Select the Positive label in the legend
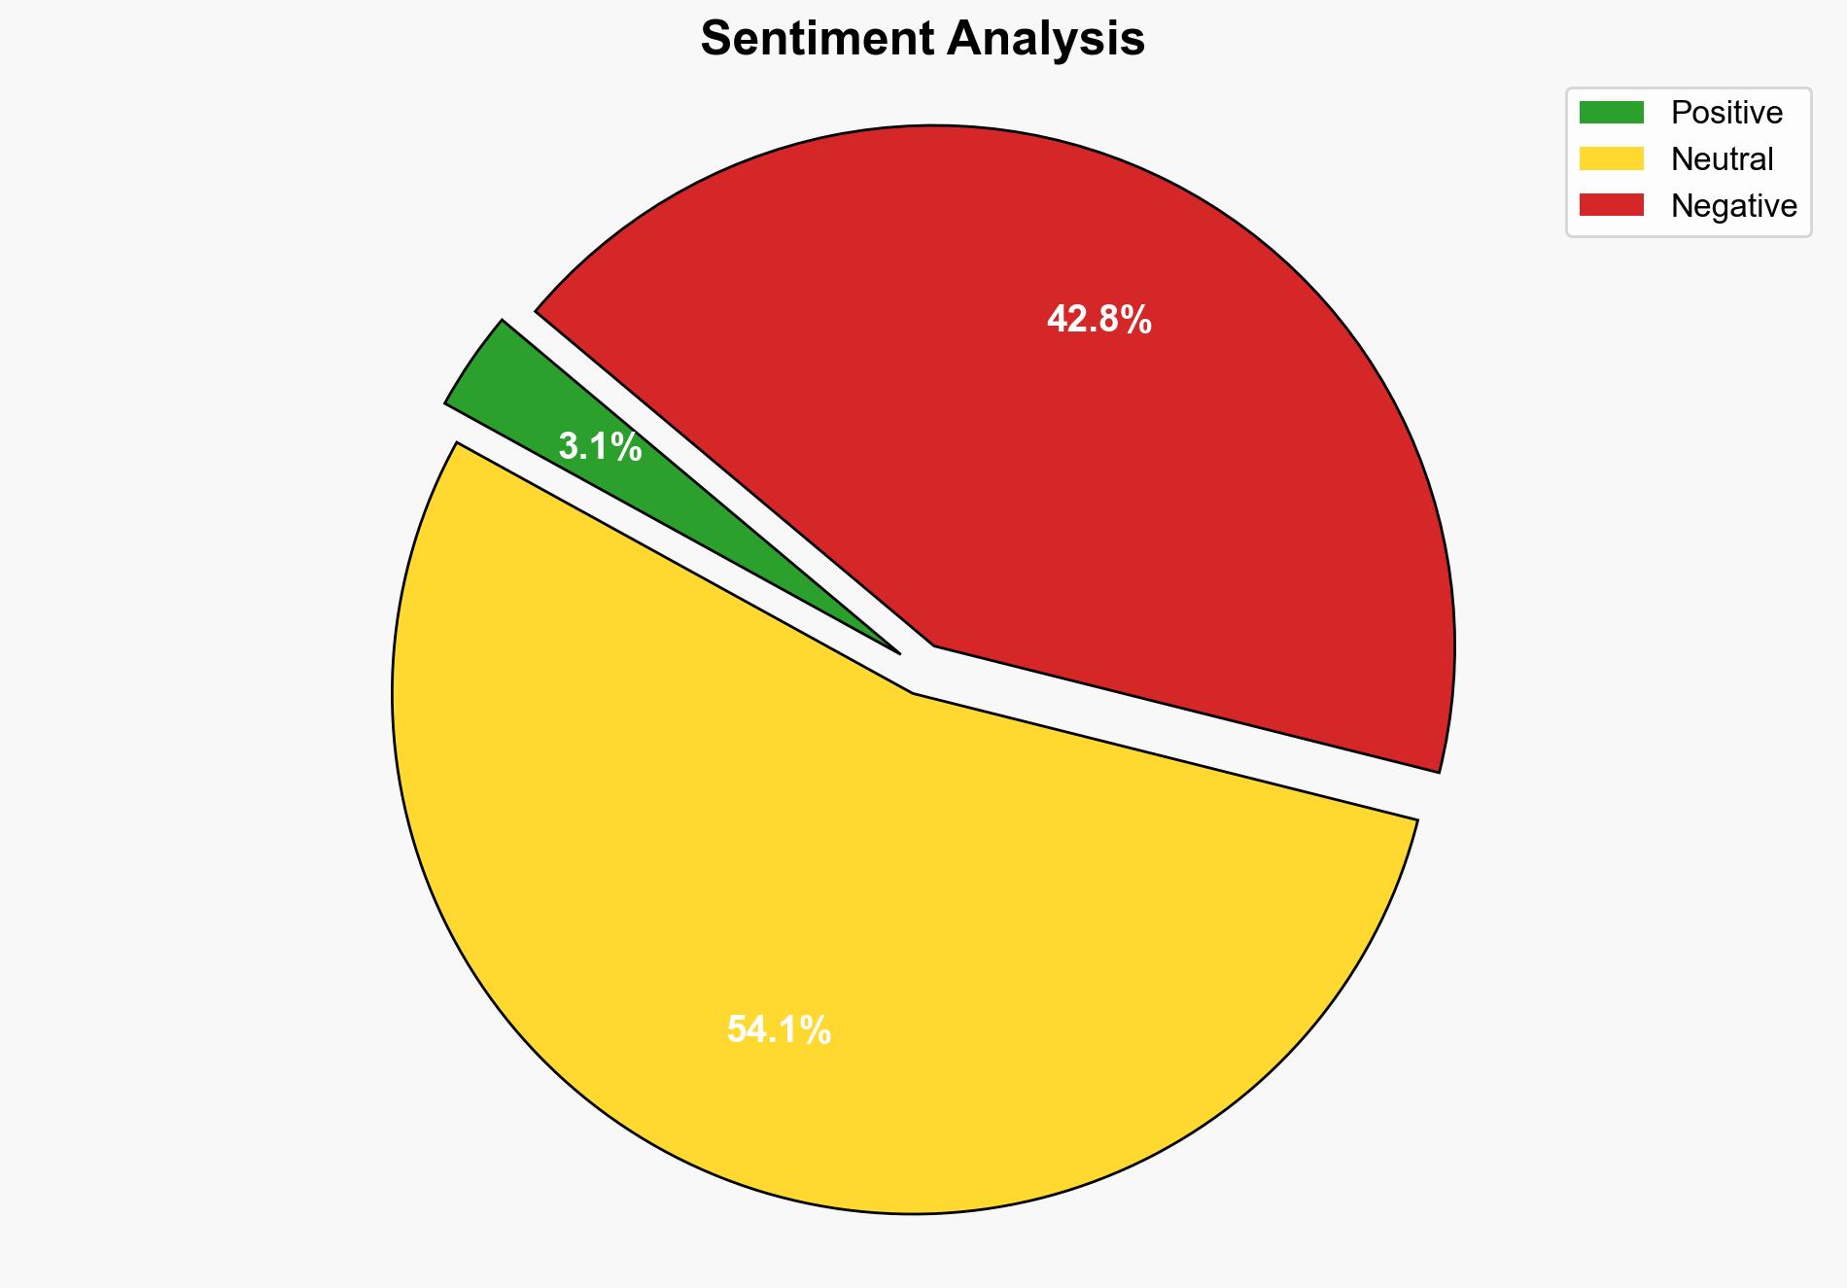tap(1726, 113)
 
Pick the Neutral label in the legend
tap(1722, 158)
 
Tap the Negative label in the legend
tap(1733, 205)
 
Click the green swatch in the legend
tap(1611, 113)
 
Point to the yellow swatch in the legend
tap(1611, 158)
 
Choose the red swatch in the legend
tap(1611, 205)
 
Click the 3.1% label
tap(600, 447)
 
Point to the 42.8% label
tap(1098, 319)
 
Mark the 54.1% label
tap(779, 1029)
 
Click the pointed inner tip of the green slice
tap(898, 652)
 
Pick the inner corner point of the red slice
tap(934, 644)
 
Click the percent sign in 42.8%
tap(1137, 319)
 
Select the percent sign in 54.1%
tap(818, 1029)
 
